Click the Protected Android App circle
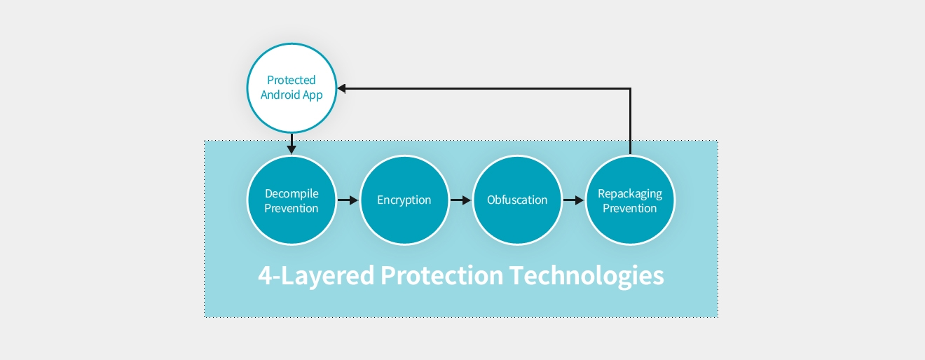coord(292,88)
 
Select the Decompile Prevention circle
coord(292,200)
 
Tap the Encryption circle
coord(404,200)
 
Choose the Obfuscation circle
coord(517,200)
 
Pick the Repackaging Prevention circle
coord(630,200)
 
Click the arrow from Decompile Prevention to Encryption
coord(348,200)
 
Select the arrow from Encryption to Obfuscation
coord(460,200)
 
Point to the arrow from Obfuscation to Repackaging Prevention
coord(573,200)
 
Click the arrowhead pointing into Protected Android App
coord(341,88)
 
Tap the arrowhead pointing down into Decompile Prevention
coord(292,149)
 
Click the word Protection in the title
coord(441,275)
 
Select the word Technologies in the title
coord(587,275)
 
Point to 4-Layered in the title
coord(316,275)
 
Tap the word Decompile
coord(292,193)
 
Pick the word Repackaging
coord(630,193)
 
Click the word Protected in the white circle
coord(292,81)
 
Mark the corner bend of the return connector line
coord(631,88)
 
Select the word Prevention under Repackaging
coord(630,208)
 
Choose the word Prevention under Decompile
coord(292,208)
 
